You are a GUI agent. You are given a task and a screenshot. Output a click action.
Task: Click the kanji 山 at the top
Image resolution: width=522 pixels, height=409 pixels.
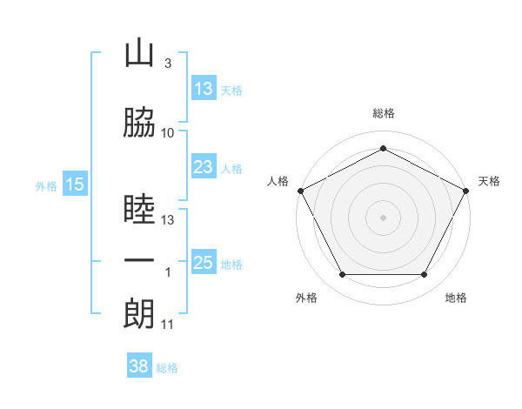click(139, 55)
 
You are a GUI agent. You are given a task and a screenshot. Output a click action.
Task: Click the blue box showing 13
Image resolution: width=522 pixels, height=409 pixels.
click(204, 89)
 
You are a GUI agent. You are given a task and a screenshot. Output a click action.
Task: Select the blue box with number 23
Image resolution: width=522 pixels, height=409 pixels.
click(204, 167)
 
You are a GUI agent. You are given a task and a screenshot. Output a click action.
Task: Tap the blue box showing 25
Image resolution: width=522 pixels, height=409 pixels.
click(204, 263)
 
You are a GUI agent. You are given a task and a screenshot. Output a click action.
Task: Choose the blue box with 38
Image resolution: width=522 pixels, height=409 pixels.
click(139, 367)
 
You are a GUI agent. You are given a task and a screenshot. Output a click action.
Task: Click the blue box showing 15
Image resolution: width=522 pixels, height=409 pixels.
click(74, 184)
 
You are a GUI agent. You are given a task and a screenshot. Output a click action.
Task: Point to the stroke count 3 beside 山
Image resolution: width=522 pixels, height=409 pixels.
click(167, 64)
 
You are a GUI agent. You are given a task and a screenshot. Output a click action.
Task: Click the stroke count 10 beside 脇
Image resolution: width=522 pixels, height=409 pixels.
click(168, 133)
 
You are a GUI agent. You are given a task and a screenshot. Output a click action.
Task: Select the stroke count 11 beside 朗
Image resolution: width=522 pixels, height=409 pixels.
click(168, 325)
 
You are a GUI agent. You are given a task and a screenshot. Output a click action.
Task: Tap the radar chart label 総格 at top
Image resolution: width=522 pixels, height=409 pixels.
click(383, 113)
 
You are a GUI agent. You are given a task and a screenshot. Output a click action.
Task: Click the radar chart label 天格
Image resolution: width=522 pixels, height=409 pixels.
click(489, 181)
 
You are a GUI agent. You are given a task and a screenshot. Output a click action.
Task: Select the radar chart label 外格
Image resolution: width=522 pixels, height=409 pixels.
click(306, 298)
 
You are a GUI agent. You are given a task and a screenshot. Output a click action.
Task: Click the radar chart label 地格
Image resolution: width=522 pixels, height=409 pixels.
click(456, 298)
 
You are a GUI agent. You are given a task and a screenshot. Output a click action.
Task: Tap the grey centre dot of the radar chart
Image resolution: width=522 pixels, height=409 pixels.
click(383, 218)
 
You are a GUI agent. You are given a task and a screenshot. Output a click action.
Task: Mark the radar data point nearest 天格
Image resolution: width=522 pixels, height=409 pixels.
click(467, 190)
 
